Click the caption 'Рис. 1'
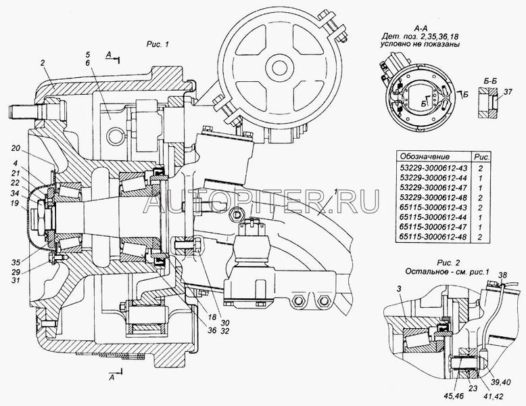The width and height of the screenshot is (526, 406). coord(158,45)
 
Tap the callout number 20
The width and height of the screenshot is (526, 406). coord(16,148)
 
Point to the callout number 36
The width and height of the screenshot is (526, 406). coord(212,330)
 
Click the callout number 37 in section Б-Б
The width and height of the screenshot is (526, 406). coord(508,91)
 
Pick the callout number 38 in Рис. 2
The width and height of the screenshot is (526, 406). coord(502,274)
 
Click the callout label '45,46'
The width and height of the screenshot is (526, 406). coord(454,397)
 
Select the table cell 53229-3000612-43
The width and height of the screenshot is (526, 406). coord(433,167)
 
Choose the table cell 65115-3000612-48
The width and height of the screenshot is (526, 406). coord(433,237)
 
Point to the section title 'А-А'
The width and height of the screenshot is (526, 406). coord(420,29)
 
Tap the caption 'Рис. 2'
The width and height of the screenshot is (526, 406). coord(448,263)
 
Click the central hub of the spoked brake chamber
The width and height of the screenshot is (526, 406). coord(279,68)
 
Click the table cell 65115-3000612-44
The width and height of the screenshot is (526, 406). coord(433,217)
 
